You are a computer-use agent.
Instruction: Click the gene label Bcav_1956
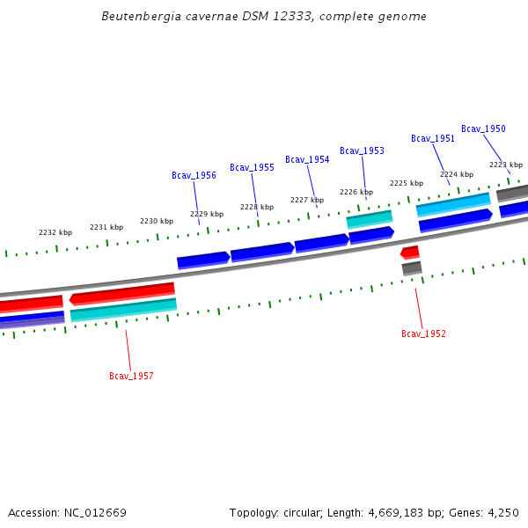point(194,175)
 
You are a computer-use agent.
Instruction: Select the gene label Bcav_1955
point(252,167)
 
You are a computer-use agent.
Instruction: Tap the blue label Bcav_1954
point(307,160)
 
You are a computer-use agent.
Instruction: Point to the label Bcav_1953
point(362,151)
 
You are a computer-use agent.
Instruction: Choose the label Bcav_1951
point(433,139)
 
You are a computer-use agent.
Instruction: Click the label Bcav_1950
point(483,129)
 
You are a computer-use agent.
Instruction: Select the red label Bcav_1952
point(423,334)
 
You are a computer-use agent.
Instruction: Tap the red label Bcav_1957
point(131,377)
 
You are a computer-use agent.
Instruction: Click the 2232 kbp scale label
point(55,232)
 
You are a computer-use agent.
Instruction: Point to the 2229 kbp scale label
point(207,215)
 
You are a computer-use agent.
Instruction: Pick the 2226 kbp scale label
point(356,192)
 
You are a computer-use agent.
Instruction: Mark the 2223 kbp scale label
point(506,165)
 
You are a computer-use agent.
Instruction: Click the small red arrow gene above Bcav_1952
point(410,253)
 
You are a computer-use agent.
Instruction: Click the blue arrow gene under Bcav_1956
point(203,260)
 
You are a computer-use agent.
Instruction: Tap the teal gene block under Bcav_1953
point(370,218)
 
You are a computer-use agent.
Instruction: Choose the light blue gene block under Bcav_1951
point(452,204)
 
